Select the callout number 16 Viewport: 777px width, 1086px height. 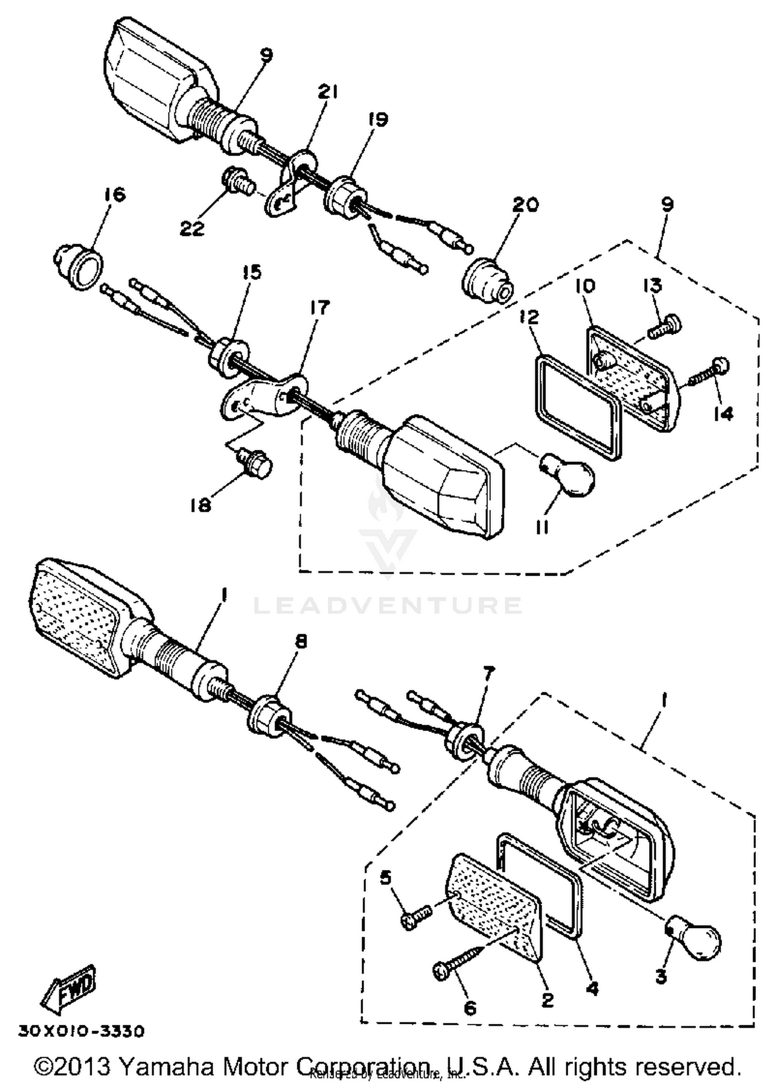pyautogui.click(x=114, y=195)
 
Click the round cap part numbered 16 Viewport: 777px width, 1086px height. pyautogui.click(x=79, y=265)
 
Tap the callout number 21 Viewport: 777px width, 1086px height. pyautogui.click(x=327, y=92)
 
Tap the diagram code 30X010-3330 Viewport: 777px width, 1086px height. pyautogui.click(x=81, y=1031)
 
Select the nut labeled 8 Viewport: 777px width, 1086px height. pyautogui.click(x=265, y=715)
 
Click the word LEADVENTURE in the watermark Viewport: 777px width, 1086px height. pyautogui.click(x=387, y=605)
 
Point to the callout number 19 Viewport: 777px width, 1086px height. pyautogui.click(x=378, y=119)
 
